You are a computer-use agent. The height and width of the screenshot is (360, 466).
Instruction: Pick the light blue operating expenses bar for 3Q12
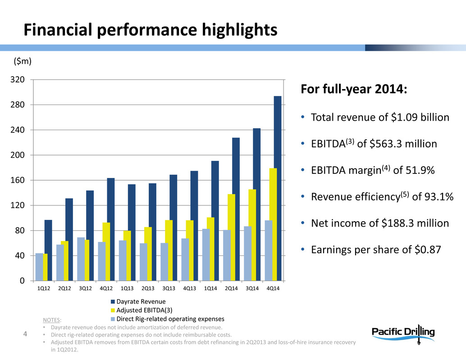(81, 259)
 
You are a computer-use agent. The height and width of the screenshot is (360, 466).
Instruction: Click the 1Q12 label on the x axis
(43, 288)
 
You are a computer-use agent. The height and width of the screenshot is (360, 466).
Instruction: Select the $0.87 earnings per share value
(428, 250)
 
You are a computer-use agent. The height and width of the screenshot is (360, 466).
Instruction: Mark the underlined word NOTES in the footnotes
(50, 320)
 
